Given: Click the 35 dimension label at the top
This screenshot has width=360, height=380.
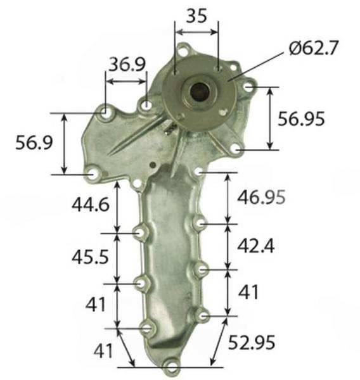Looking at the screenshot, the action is click(196, 16).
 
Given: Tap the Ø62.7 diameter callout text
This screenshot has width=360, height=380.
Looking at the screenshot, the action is click(313, 47).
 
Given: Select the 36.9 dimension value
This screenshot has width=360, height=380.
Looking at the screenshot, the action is click(127, 65).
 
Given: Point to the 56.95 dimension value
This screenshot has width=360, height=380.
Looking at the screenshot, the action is click(301, 119).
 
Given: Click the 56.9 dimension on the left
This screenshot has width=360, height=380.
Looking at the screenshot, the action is click(34, 142).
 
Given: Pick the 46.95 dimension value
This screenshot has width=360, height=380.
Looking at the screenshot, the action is click(261, 196).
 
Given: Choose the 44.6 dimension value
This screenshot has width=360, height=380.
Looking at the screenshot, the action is click(91, 205).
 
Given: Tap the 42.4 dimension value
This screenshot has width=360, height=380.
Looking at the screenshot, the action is click(255, 246).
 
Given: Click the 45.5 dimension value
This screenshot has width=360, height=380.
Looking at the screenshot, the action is click(90, 257).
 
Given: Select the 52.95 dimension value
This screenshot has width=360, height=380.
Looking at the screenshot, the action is click(252, 342).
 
